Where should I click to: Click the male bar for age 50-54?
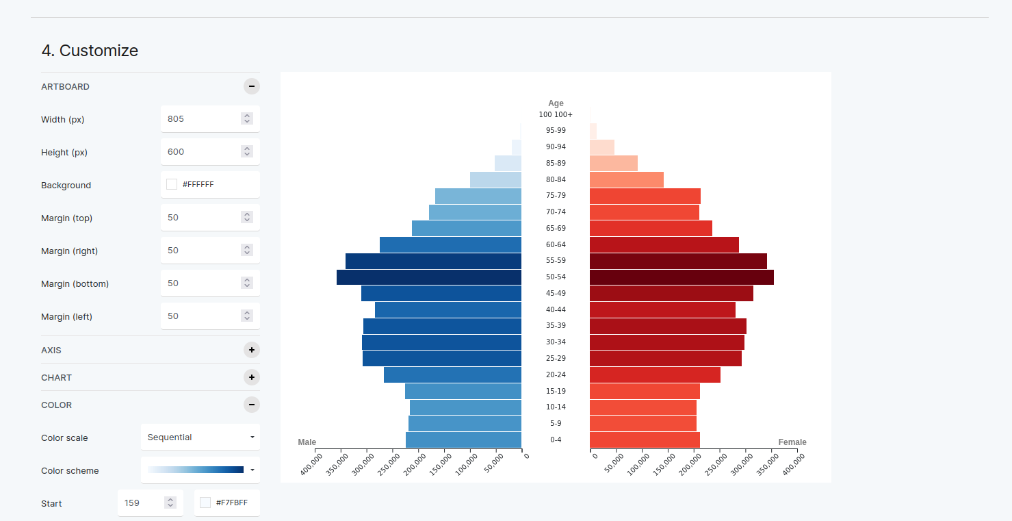point(428,277)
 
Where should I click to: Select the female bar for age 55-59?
point(677,261)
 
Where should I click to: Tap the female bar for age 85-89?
point(613,163)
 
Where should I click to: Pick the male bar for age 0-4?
point(463,440)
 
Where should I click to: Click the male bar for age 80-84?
point(495,179)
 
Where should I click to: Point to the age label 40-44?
point(556,309)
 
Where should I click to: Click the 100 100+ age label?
point(556,114)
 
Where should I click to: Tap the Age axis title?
point(556,103)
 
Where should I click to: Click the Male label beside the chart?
point(307,442)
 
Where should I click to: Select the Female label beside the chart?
point(792,442)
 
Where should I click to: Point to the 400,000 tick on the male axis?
point(312,466)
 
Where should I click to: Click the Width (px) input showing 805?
point(202,118)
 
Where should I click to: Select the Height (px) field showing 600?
point(202,151)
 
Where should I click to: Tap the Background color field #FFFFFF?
point(210,184)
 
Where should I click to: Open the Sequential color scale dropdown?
point(200,437)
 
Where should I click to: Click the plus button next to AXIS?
point(252,350)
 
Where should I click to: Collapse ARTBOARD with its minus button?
point(252,86)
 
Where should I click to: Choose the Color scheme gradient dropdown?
point(200,470)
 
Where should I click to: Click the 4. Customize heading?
point(90,51)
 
